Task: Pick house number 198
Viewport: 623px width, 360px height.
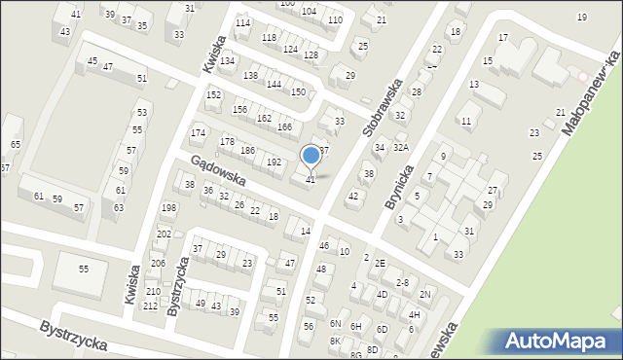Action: [168, 208]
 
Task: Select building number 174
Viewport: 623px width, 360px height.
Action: [199, 132]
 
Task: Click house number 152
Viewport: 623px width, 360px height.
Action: [213, 94]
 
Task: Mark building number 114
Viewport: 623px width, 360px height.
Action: [242, 22]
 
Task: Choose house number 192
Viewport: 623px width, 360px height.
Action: [275, 162]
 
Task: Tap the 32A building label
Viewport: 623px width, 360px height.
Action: [400, 147]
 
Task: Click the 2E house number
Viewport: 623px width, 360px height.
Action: [381, 263]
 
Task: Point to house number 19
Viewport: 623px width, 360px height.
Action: [582, 18]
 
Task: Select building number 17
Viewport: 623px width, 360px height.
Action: [503, 37]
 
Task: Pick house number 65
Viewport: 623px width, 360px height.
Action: [16, 145]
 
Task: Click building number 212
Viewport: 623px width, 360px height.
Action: [150, 306]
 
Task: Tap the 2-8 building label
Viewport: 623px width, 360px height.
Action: [402, 281]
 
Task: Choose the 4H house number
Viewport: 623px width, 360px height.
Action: [414, 314]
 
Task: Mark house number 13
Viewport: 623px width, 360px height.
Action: [474, 85]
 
